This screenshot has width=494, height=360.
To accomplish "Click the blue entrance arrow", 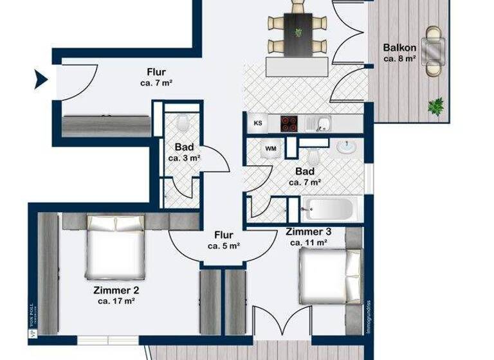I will [41, 80].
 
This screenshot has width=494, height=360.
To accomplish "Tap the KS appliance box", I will [258, 123].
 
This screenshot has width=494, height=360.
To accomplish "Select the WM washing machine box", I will [270, 148].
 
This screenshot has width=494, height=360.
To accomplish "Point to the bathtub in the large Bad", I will [328, 209].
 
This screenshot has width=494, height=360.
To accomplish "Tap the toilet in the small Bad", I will [183, 120].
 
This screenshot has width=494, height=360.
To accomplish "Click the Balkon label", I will [400, 48].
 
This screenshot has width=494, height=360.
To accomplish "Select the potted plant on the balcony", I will [437, 105].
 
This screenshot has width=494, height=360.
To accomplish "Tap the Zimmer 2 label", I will [116, 290].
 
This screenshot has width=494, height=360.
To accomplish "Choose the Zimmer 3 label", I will [309, 231].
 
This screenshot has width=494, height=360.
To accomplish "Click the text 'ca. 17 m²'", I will [116, 300].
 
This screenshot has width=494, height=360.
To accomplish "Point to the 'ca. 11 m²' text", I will [309, 242].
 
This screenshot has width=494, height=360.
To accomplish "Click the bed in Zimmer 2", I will [115, 248].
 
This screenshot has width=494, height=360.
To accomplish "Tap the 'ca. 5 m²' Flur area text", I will [224, 246].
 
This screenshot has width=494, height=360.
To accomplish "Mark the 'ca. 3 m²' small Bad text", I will [184, 157].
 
